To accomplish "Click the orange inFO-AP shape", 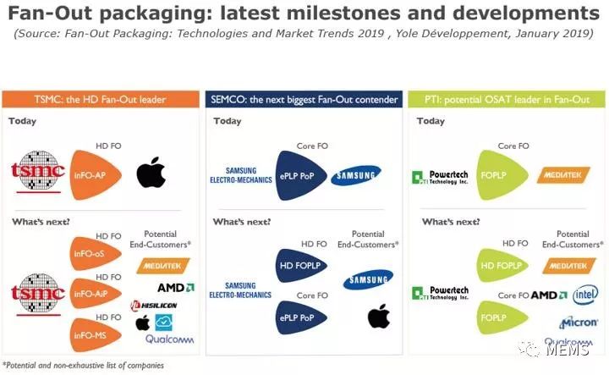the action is click(95, 175).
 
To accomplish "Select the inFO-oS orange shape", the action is click(95, 253).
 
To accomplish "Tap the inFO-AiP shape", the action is click(95, 294).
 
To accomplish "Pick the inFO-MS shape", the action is click(95, 335).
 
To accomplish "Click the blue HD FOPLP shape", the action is click(300, 266).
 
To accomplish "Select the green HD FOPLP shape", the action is click(502, 266).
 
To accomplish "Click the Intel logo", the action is click(585, 295).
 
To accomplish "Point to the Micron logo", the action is click(579, 323).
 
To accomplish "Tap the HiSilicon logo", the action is click(154, 306).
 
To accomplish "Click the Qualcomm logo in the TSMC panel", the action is click(169, 339).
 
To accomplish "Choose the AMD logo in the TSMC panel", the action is click(176, 288).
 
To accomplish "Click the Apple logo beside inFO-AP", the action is click(151, 172).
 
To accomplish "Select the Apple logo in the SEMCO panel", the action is click(379, 316).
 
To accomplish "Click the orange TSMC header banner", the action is click(101, 100).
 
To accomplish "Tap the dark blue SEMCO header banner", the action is click(304, 100).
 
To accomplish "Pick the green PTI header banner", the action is click(507, 100).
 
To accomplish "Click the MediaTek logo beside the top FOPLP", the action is click(563, 175).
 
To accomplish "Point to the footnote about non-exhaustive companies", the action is click(83, 366).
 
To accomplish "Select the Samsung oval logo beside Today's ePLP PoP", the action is click(356, 175).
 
